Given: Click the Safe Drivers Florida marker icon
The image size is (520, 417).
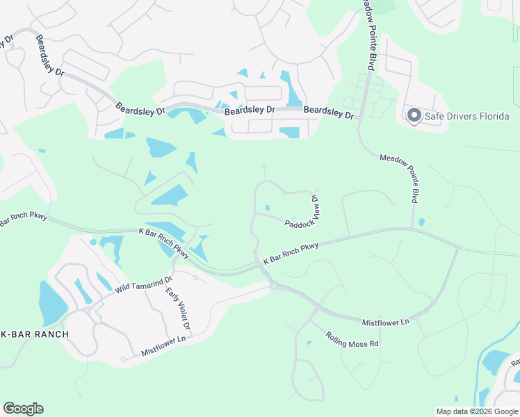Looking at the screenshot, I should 414,116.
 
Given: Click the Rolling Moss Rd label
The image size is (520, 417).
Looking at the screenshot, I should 352,339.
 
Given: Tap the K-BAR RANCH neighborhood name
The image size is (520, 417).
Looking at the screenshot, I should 35,334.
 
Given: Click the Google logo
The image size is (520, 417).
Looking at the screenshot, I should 23,409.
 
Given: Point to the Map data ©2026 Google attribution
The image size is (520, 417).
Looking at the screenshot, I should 476,411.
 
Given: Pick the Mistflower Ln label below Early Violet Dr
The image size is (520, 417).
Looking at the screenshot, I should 164,345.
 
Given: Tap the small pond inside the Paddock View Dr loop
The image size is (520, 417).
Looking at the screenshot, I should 268,207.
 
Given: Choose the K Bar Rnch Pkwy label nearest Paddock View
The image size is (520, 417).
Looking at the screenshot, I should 291,253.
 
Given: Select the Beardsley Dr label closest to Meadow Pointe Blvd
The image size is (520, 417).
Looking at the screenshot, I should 330,111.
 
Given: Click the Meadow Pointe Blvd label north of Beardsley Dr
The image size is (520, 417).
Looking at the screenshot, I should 369,35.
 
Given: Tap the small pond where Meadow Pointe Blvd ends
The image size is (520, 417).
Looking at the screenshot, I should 422,222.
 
